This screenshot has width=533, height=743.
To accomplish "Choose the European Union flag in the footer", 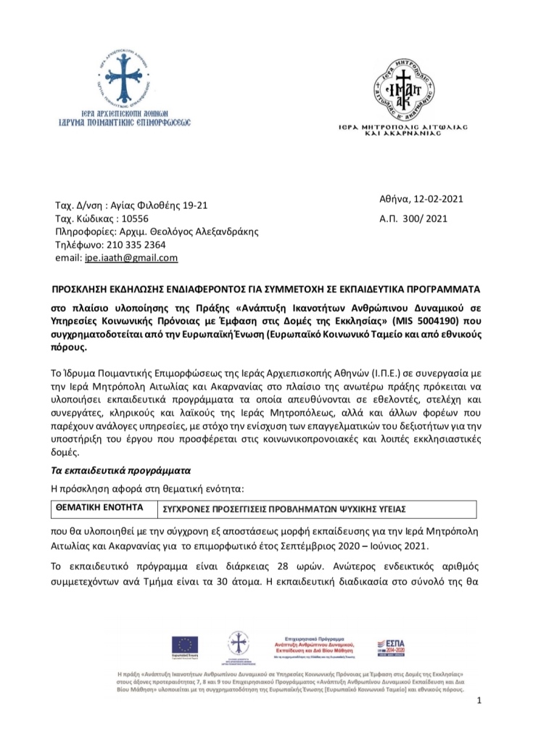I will pos(185,645).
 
